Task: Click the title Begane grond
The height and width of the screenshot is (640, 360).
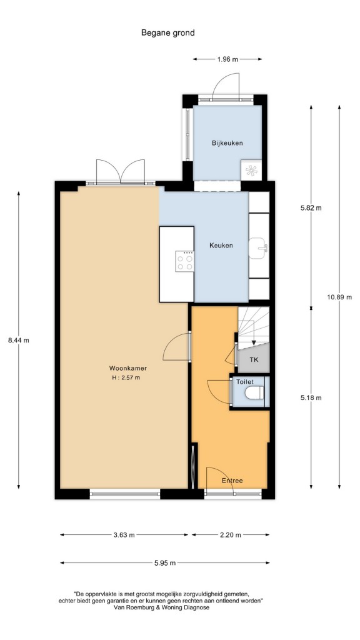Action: [x=167, y=33]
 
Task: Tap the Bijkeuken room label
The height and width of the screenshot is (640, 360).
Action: [x=227, y=143]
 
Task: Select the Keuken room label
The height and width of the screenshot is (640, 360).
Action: [x=221, y=245]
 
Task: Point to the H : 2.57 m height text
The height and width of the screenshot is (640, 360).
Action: [x=126, y=377]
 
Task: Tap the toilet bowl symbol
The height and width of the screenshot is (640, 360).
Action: [x=255, y=392]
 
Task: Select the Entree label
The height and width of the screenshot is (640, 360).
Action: [x=232, y=481]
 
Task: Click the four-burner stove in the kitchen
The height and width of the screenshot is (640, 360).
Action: [x=184, y=261]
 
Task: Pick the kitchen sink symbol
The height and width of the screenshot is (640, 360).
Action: [x=258, y=248]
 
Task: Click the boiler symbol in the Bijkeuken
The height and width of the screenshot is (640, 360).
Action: [x=251, y=171]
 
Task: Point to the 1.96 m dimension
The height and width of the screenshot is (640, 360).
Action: [x=227, y=59]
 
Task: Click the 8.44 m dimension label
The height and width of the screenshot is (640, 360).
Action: [x=18, y=340]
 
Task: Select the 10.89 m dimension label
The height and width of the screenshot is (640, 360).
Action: [x=339, y=297]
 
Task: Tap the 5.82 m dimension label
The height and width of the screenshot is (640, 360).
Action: [x=311, y=207]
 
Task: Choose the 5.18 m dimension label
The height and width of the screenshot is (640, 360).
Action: [x=311, y=397]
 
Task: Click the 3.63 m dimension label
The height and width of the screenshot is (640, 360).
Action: [x=124, y=535]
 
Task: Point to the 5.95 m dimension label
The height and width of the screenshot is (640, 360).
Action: [x=165, y=563]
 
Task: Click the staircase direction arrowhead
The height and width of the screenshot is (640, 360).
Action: [x=254, y=342]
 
